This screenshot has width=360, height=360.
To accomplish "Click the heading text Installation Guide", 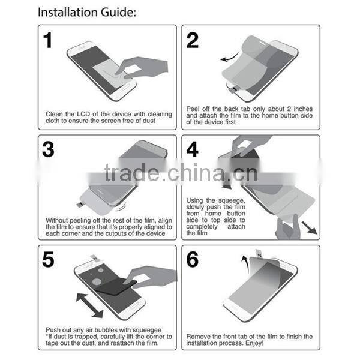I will [86, 11].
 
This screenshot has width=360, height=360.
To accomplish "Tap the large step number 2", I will [193, 41].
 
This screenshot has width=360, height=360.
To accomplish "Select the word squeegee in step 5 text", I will [143, 329].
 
